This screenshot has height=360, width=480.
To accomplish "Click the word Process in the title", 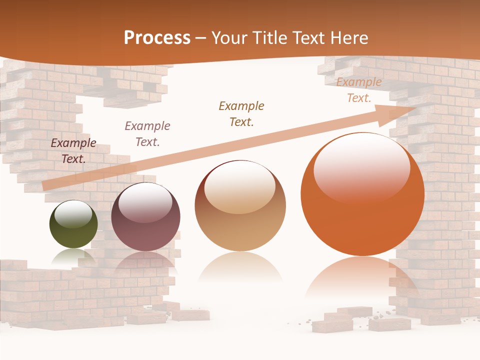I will point(157,38).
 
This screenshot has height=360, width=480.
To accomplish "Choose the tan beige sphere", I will point(240,206).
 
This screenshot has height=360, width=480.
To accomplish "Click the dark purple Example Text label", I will point(73,151).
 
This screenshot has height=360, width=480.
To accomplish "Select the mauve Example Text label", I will point(147,134).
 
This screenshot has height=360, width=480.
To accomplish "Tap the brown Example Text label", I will point(241,114).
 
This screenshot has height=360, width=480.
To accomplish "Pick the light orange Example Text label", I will point(358,90).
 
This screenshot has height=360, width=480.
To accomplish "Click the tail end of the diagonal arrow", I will point(44,186).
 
